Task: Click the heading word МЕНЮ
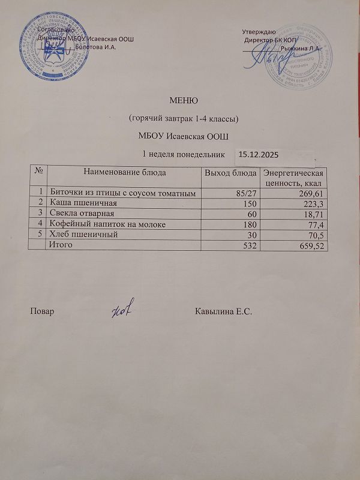(x=184, y=100)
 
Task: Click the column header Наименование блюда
(x=125, y=172)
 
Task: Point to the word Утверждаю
(x=259, y=31)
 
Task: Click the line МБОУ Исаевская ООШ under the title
(x=184, y=134)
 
